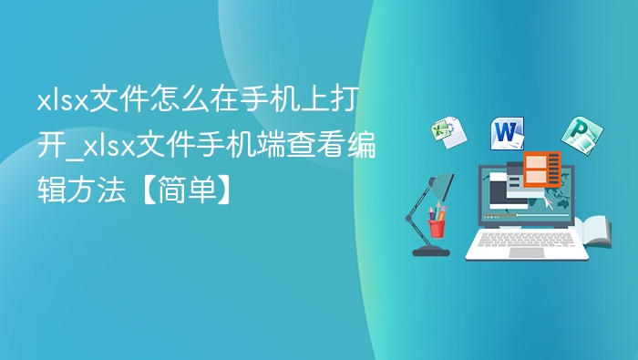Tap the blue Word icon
click(x=507, y=132)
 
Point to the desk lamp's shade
click(x=443, y=188)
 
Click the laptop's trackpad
click(x=526, y=252)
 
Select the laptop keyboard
click(x=526, y=239)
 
